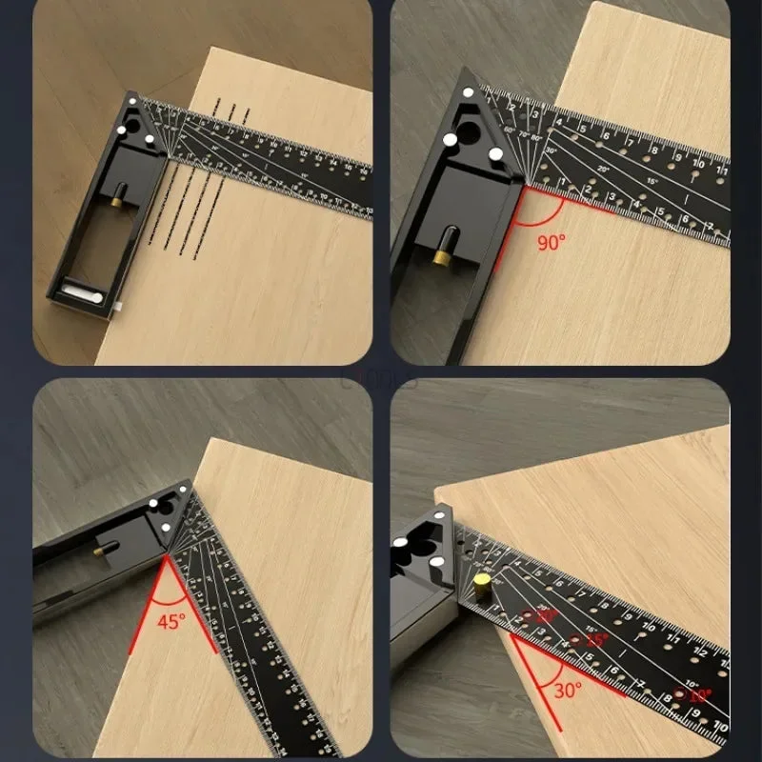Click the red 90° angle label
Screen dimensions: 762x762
(551, 242)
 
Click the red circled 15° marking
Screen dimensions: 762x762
(595, 642)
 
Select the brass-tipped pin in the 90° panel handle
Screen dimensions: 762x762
(440, 255)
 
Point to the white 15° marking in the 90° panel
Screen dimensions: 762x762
(650, 182)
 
